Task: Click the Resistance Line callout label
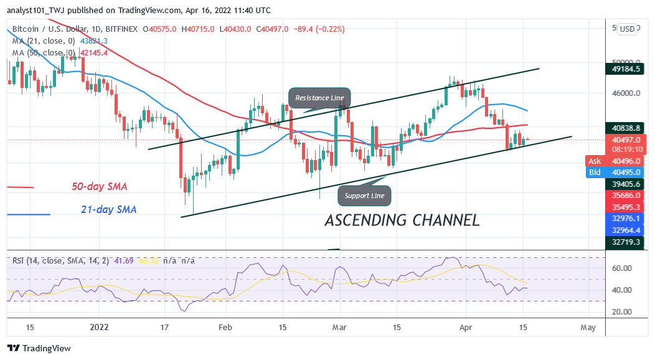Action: [320, 98]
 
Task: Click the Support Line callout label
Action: [365, 196]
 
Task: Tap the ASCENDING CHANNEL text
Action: [402, 220]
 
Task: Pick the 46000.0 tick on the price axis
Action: [625, 93]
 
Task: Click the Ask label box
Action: [595, 160]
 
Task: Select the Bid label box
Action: [595, 172]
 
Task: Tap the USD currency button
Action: [627, 29]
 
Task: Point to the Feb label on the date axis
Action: [225, 327]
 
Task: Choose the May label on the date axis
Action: [588, 327]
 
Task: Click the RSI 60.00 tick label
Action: [622, 268]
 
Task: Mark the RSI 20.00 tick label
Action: [622, 311]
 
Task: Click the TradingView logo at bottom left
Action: [39, 348]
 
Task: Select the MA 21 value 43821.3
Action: [90, 40]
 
